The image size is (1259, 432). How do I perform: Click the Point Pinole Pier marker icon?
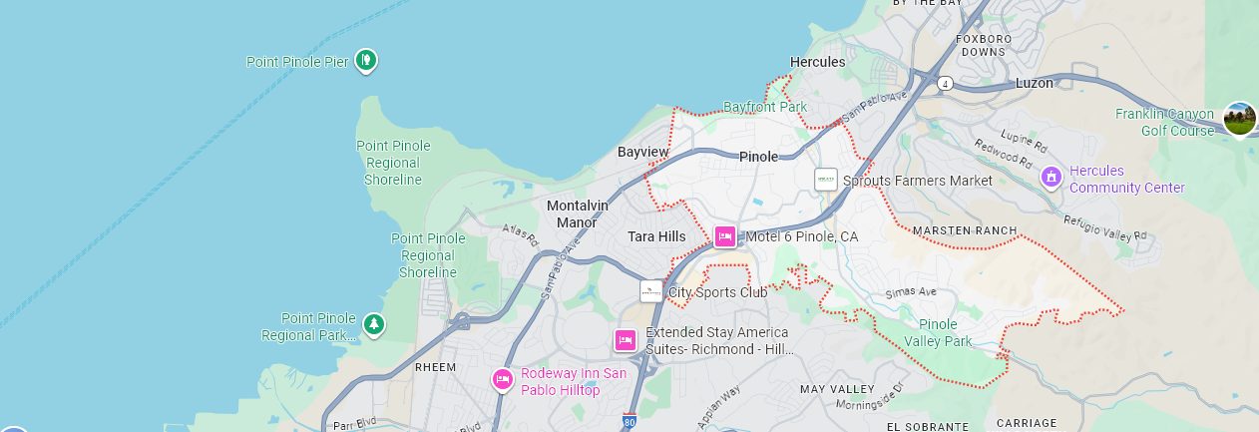point(367,61)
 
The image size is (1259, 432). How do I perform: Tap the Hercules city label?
point(817,62)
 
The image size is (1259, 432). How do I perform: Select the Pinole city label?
point(758,157)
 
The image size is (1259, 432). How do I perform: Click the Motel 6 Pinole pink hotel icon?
point(725,236)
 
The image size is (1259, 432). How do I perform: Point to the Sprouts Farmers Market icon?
point(825,180)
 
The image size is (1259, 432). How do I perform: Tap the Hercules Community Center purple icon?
point(1049,178)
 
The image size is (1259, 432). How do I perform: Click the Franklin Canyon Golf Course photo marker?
point(1239,119)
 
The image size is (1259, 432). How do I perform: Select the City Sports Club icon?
point(650,291)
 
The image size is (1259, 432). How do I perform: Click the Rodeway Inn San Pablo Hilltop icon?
point(503,380)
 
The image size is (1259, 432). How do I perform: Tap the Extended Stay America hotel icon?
point(626,340)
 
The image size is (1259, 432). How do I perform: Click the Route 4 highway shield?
point(944,84)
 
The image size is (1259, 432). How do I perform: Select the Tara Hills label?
point(656,236)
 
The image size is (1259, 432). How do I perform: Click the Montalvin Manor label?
point(578,214)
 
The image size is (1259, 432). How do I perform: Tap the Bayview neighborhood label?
point(642,152)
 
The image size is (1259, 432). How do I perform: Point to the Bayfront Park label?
point(764,106)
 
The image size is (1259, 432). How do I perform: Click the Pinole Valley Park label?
point(938,332)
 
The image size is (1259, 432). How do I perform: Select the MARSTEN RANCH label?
point(965,230)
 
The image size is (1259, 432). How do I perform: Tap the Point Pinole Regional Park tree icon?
point(373,323)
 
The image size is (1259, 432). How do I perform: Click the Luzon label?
point(1034,83)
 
